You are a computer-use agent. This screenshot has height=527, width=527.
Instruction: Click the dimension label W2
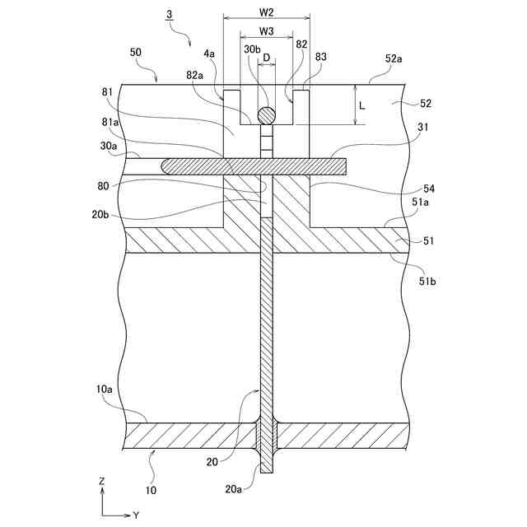[x=266, y=14]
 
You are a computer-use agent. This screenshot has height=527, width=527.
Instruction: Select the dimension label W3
[x=266, y=31]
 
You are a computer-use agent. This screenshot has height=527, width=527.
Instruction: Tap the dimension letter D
[x=266, y=58]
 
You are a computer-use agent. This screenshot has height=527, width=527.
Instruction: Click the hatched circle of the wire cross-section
[x=266, y=115]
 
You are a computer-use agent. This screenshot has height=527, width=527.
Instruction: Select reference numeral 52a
[x=394, y=58]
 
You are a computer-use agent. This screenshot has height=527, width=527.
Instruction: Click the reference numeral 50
[x=136, y=52]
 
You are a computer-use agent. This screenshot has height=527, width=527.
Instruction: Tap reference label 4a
[x=209, y=54]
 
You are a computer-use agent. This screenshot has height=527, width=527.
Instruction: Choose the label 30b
[x=252, y=49]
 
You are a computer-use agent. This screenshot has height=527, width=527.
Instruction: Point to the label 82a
[x=195, y=75]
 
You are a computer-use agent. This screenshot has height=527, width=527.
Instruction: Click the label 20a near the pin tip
[x=234, y=489]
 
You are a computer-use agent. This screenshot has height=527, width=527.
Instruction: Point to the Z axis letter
[x=101, y=480]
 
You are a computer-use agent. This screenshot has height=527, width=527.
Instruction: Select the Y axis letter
[x=136, y=515]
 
